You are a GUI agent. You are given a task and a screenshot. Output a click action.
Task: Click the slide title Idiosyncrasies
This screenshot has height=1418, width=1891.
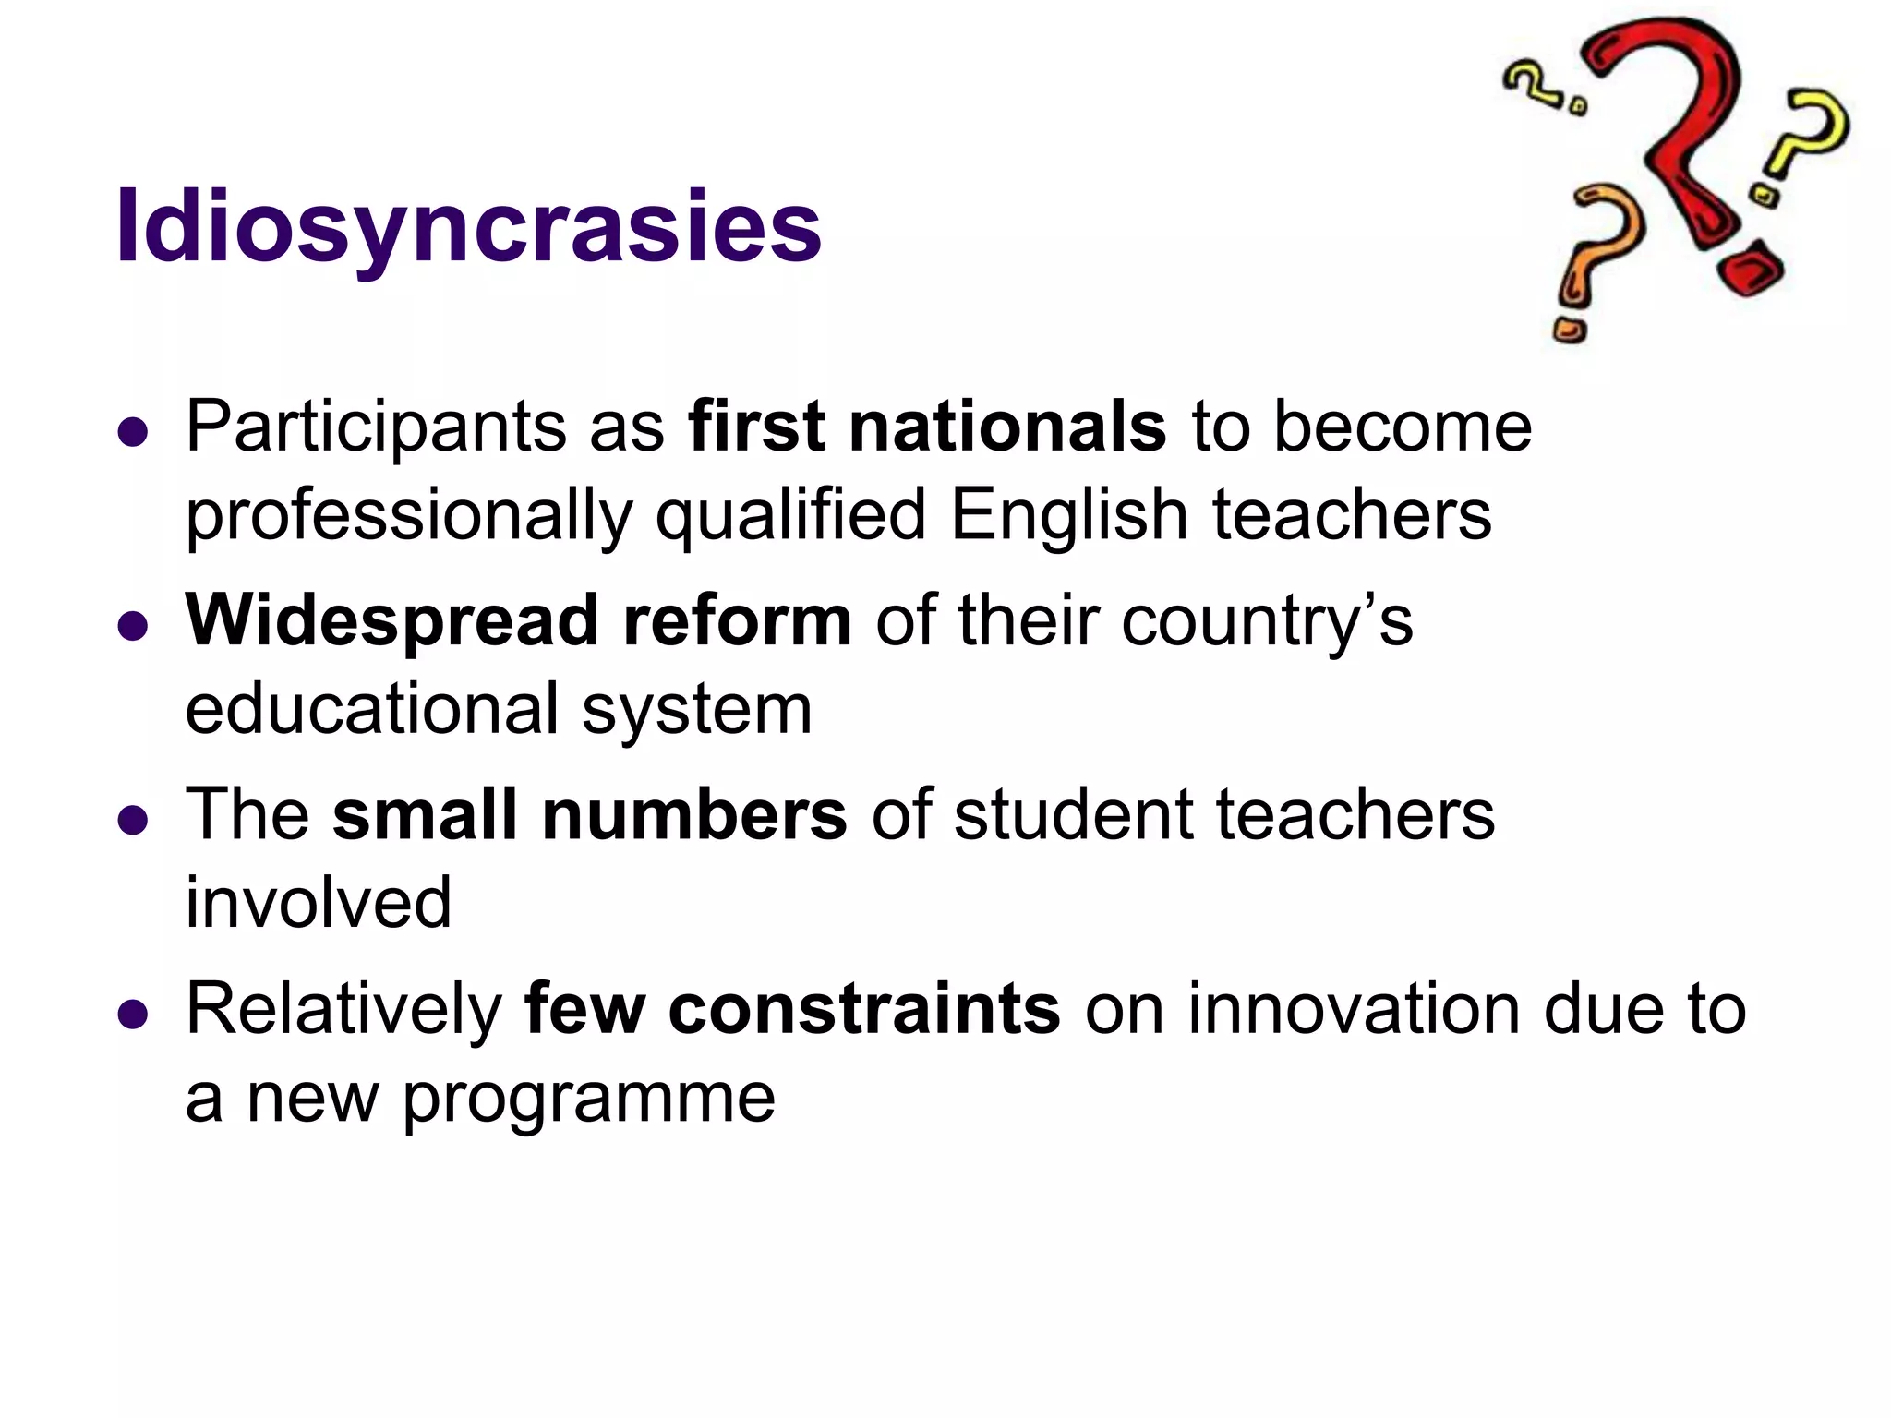coord(468,227)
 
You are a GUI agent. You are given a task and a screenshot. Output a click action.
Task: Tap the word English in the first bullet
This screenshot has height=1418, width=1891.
coord(1069,515)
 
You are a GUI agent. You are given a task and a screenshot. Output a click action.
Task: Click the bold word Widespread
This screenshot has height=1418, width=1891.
coord(391,620)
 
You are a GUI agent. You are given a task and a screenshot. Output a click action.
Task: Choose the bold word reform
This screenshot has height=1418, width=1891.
coord(737,620)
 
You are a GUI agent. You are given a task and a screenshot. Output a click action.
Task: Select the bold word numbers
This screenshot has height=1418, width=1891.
coord(693,814)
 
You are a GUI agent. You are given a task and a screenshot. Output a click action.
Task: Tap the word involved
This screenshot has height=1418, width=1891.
coord(319,903)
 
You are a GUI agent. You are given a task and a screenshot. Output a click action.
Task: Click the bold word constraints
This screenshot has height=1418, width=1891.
coord(864,1009)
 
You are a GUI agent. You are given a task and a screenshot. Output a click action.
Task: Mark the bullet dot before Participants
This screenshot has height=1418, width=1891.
coord(134,432)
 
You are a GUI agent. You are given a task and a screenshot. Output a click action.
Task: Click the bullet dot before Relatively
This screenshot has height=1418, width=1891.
coord(134,1014)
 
